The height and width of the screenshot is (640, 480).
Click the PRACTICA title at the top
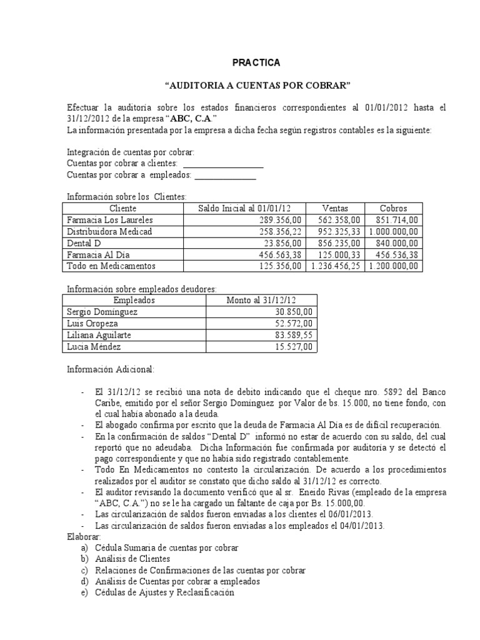pyautogui.click(x=256, y=62)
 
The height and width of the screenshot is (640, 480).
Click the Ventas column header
pyautogui.click(x=335, y=208)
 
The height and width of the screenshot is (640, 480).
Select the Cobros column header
pyautogui.click(x=394, y=208)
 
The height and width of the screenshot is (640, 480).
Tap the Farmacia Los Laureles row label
pyautogui.click(x=109, y=220)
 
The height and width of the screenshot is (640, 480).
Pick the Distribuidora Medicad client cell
pyautogui.click(x=109, y=231)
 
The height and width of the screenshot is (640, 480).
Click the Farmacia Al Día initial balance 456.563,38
pyautogui.click(x=280, y=254)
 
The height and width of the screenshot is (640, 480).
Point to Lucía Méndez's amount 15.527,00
pyautogui.click(x=292, y=347)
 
